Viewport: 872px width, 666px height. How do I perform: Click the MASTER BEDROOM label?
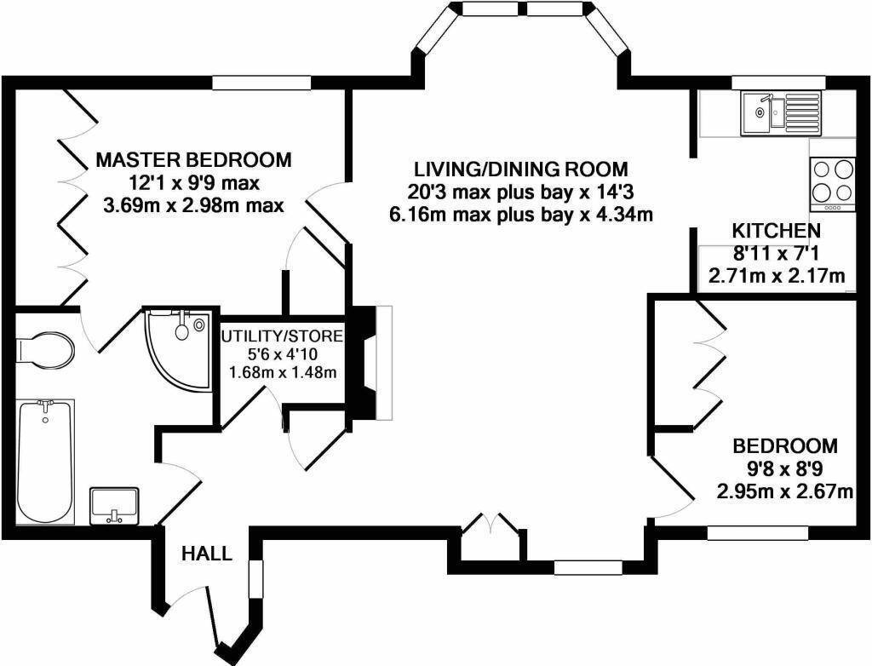click(x=193, y=160)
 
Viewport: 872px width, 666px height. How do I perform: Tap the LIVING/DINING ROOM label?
click(x=520, y=169)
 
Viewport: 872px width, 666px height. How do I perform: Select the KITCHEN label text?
click(x=777, y=231)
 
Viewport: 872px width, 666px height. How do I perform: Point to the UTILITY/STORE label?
click(x=282, y=336)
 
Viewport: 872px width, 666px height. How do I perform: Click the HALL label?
click(x=207, y=554)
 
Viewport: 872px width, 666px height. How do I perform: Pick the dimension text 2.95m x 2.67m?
click(x=785, y=491)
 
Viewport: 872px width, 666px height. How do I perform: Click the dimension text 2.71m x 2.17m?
click(x=777, y=276)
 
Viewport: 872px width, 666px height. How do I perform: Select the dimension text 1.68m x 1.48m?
click(x=283, y=372)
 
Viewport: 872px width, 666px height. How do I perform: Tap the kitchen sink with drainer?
click(x=780, y=114)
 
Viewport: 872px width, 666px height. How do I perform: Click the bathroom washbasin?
click(x=114, y=505)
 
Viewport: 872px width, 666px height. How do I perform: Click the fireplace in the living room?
click(x=372, y=362)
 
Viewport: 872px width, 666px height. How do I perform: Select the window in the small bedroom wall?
click(x=757, y=532)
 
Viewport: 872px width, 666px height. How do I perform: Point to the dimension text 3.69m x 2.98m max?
click(x=193, y=205)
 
